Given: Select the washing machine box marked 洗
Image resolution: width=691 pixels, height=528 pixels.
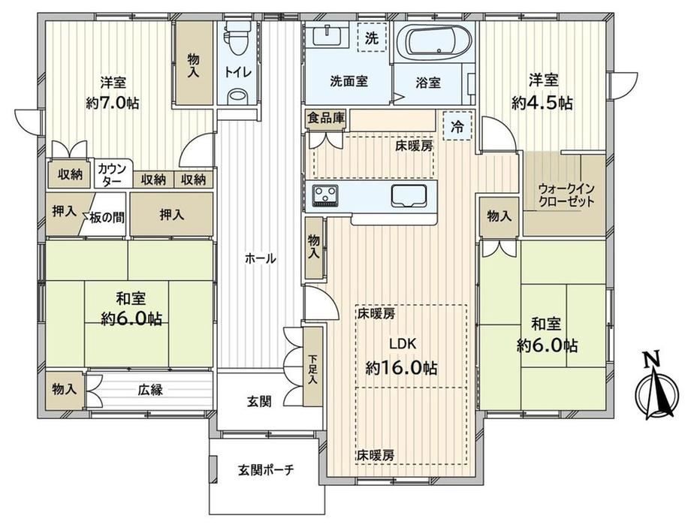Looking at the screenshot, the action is pyautogui.click(x=372, y=38).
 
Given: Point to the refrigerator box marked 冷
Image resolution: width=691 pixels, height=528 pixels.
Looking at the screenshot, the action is pyautogui.click(x=457, y=126).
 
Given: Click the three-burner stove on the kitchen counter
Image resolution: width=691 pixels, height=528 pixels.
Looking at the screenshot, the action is pyautogui.click(x=325, y=195).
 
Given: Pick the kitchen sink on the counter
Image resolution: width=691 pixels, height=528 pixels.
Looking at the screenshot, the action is pyautogui.click(x=409, y=195).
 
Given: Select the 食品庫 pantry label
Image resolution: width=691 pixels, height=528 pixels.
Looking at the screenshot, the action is pyautogui.click(x=326, y=118).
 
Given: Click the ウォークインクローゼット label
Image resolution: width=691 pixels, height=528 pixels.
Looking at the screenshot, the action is pyautogui.click(x=566, y=195).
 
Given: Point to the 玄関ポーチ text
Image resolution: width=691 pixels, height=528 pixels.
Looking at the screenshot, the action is pyautogui.click(x=266, y=470).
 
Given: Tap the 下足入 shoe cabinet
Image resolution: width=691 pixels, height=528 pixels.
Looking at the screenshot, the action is pyautogui.click(x=313, y=367).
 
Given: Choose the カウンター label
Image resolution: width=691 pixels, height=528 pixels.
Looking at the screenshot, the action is pyautogui.click(x=112, y=173).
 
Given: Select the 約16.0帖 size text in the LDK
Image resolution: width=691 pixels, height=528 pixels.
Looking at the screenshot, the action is pyautogui.click(x=402, y=367).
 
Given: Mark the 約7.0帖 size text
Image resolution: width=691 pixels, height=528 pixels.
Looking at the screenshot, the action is pyautogui.click(x=113, y=104).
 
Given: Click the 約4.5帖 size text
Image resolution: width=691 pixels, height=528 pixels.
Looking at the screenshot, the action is pyautogui.click(x=542, y=103).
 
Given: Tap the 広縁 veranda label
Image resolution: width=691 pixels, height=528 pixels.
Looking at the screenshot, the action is pyautogui.click(x=150, y=390).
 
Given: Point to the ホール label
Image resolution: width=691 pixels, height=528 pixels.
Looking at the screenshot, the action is pyautogui.click(x=261, y=258).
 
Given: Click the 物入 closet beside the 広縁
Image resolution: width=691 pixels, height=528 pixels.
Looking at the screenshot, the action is pyautogui.click(x=65, y=389).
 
